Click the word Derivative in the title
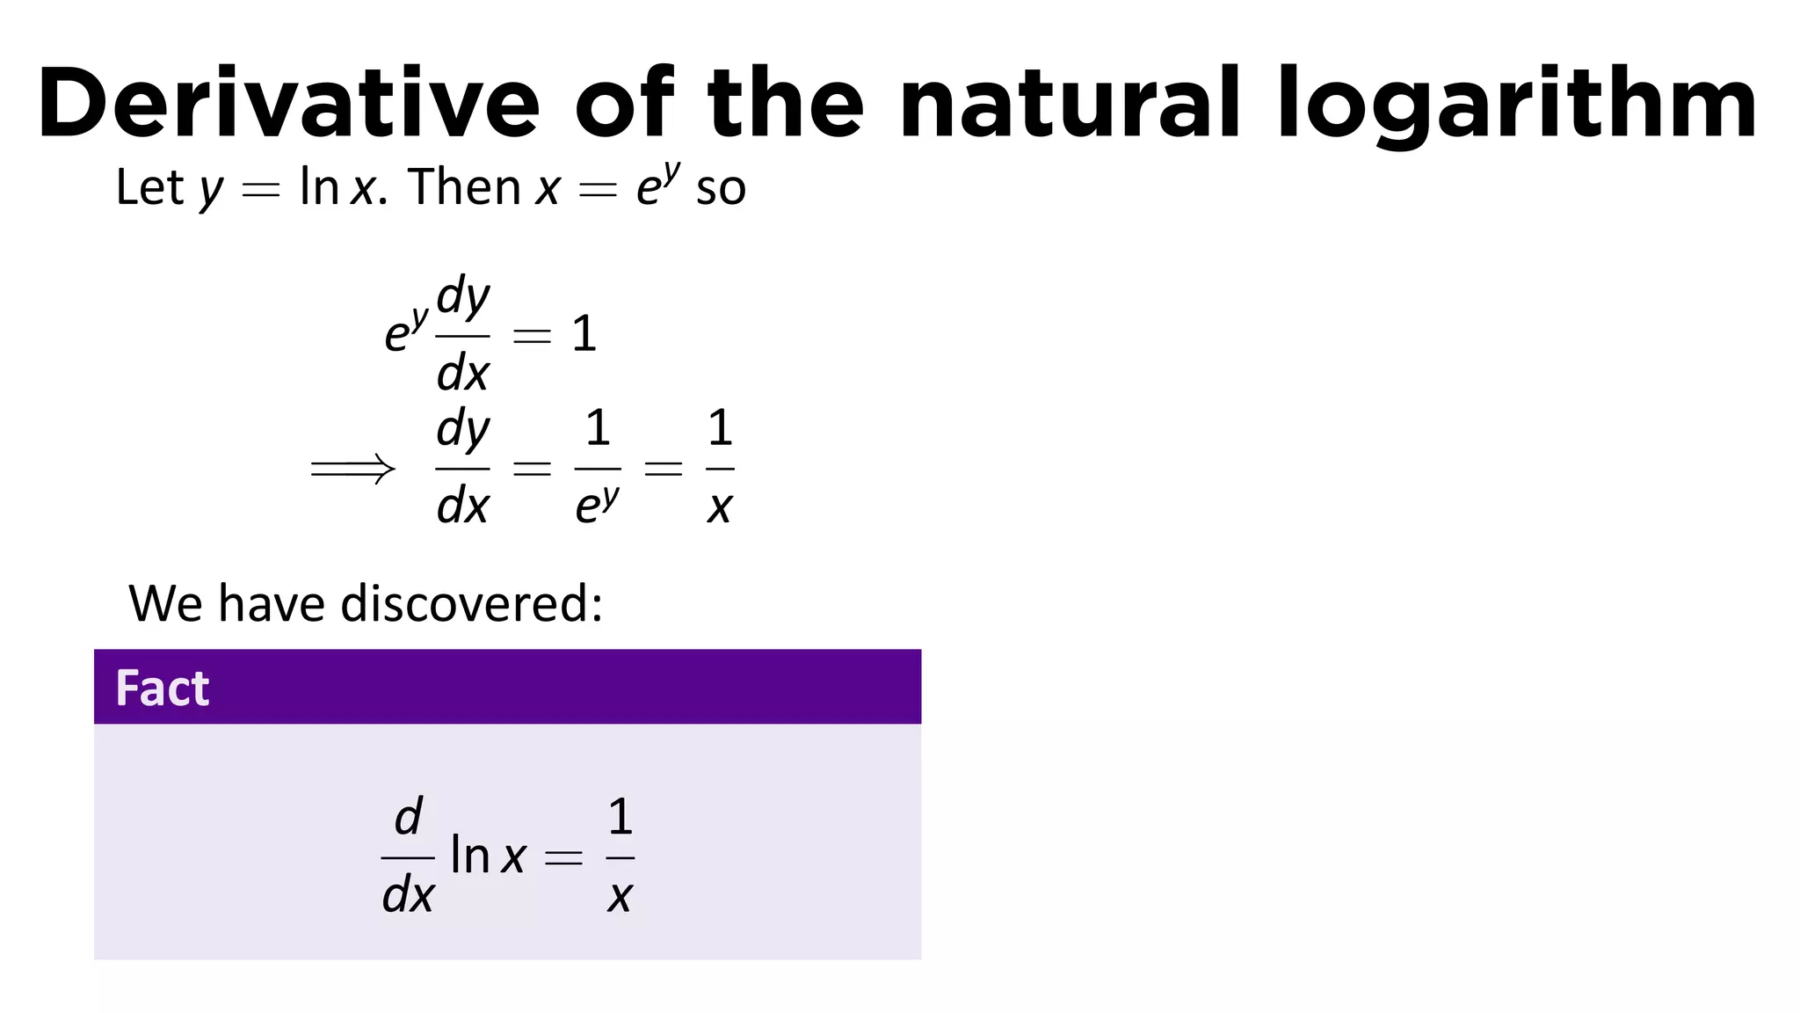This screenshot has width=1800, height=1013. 288,103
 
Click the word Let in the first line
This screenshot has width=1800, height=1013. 149,187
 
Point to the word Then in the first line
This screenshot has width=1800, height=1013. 464,187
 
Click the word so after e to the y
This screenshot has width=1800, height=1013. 721,189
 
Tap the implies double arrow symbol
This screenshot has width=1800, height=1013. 352,470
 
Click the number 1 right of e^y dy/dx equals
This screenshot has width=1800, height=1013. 584,335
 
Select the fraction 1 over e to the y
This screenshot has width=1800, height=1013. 598,468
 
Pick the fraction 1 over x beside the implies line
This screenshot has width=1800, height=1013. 720,468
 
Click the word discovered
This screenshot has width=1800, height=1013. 471,604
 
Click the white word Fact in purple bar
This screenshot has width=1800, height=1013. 163,688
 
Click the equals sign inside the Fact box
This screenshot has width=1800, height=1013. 563,857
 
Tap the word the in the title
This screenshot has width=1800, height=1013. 785,103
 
